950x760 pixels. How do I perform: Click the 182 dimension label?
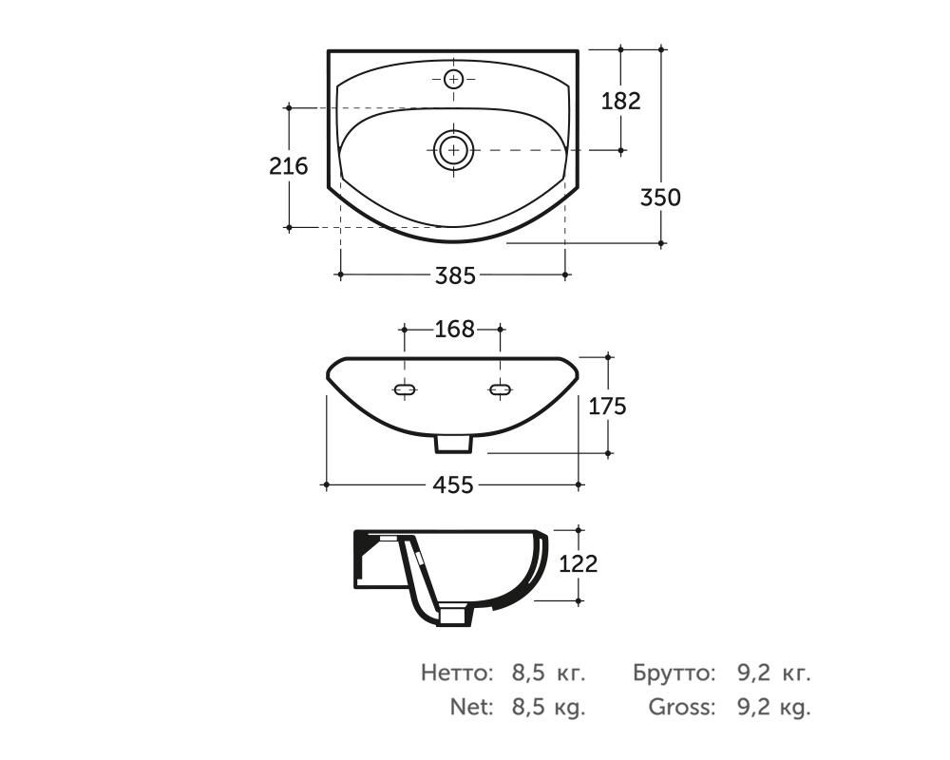pyautogui.click(x=620, y=101)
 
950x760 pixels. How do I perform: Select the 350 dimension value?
pyautogui.click(x=660, y=198)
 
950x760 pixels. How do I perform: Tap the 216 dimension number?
pyautogui.click(x=289, y=165)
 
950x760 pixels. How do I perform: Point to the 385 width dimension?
pyautogui.click(x=456, y=275)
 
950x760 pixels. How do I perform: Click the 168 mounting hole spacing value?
pyautogui.click(x=454, y=329)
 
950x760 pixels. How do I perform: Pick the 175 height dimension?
pyautogui.click(x=608, y=406)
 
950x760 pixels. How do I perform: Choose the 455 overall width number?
pyautogui.click(x=453, y=484)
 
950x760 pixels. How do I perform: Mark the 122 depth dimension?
pyautogui.click(x=578, y=563)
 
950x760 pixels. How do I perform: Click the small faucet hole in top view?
pyautogui.click(x=453, y=79)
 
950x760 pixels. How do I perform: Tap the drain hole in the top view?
pyautogui.click(x=453, y=149)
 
